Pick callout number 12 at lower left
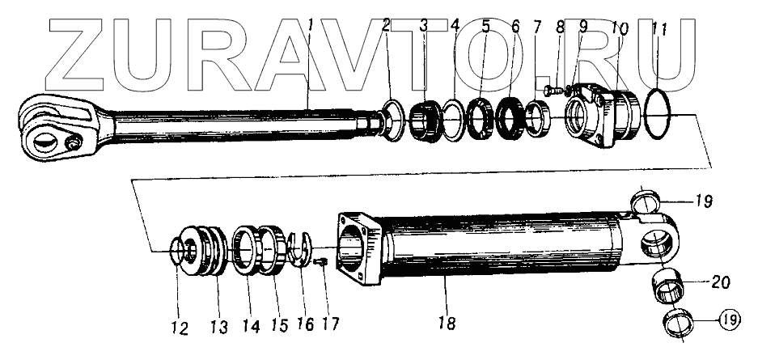point(179,328)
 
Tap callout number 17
point(330,323)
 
